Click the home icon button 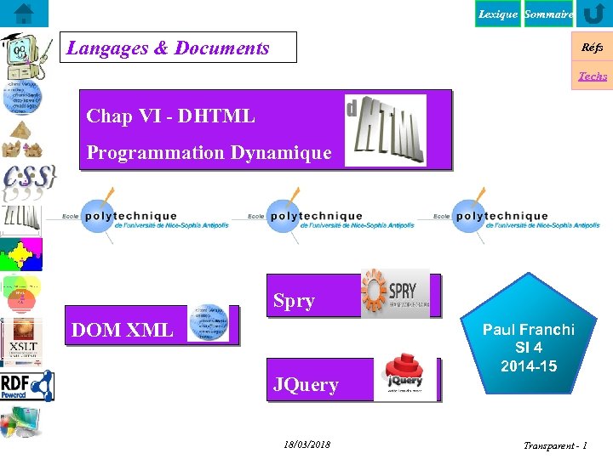click(24, 14)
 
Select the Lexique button click(497, 14)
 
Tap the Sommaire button click(548, 14)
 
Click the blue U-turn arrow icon click(593, 14)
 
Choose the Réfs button click(592, 48)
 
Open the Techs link click(593, 76)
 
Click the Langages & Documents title click(169, 48)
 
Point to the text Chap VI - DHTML click(170, 116)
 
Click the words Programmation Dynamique click(209, 153)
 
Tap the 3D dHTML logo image click(385, 129)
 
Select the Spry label click(294, 301)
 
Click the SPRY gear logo click(395, 293)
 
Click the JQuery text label click(306, 384)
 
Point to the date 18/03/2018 click(306, 445)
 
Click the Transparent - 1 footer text click(554, 445)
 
